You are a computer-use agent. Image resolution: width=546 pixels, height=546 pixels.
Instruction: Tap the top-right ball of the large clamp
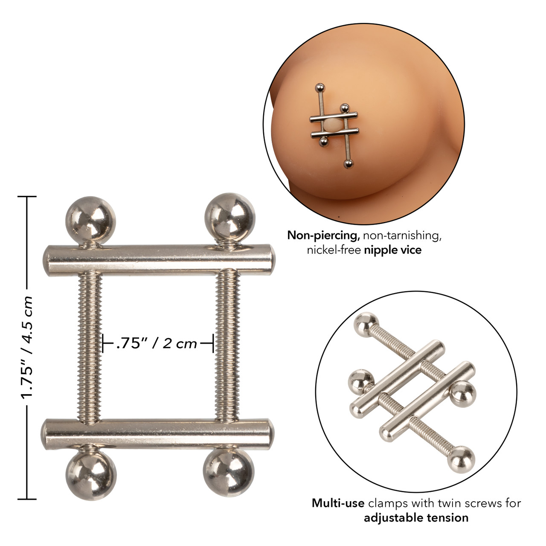pyautogui.click(x=229, y=217)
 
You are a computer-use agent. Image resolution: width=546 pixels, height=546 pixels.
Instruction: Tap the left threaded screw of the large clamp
pyautogui.click(x=90, y=346)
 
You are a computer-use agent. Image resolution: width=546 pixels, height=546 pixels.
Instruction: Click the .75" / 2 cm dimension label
pyautogui.click(x=157, y=343)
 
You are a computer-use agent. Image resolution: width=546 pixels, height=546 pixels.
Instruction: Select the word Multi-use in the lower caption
pyautogui.click(x=338, y=503)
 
